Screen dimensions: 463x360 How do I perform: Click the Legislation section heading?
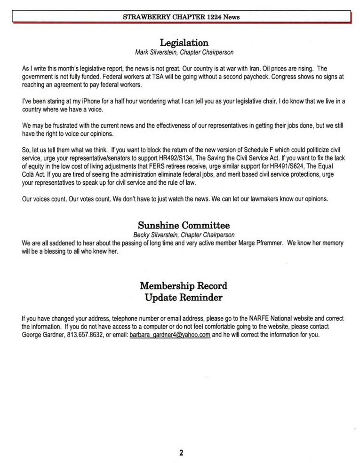pyautogui.click(x=181, y=43)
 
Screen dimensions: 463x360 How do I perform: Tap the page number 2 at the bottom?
pyautogui.click(x=181, y=453)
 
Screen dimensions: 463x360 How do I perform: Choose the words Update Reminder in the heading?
pyautogui.click(x=184, y=298)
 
